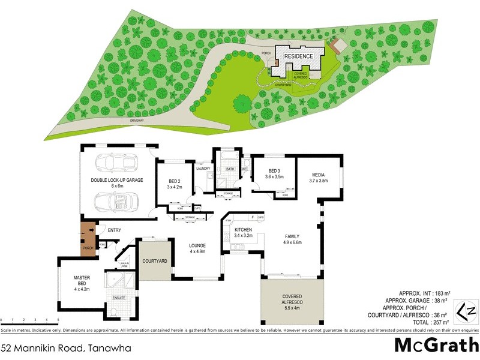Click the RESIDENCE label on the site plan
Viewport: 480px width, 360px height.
point(298,56)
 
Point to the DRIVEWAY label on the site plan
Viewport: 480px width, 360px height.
point(136,120)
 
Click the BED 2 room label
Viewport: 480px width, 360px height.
point(175,184)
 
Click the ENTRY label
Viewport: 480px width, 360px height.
point(115,230)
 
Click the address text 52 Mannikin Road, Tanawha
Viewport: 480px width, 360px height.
point(66,347)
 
